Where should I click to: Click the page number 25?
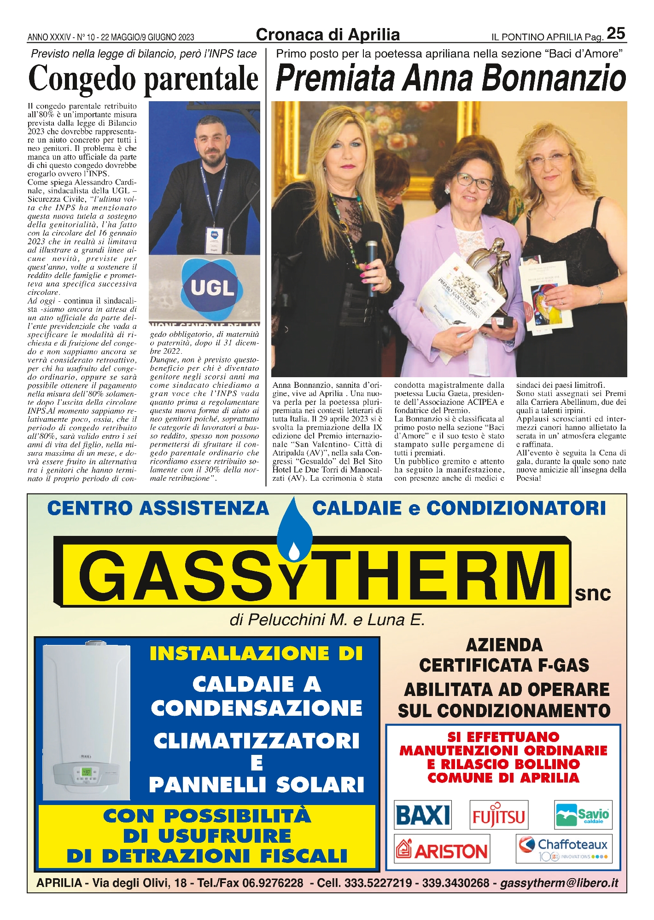(616, 33)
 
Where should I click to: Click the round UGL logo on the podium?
(212, 287)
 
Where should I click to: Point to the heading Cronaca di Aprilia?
(327, 34)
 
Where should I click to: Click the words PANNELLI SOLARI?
(257, 785)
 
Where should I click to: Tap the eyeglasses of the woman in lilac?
(474, 181)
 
